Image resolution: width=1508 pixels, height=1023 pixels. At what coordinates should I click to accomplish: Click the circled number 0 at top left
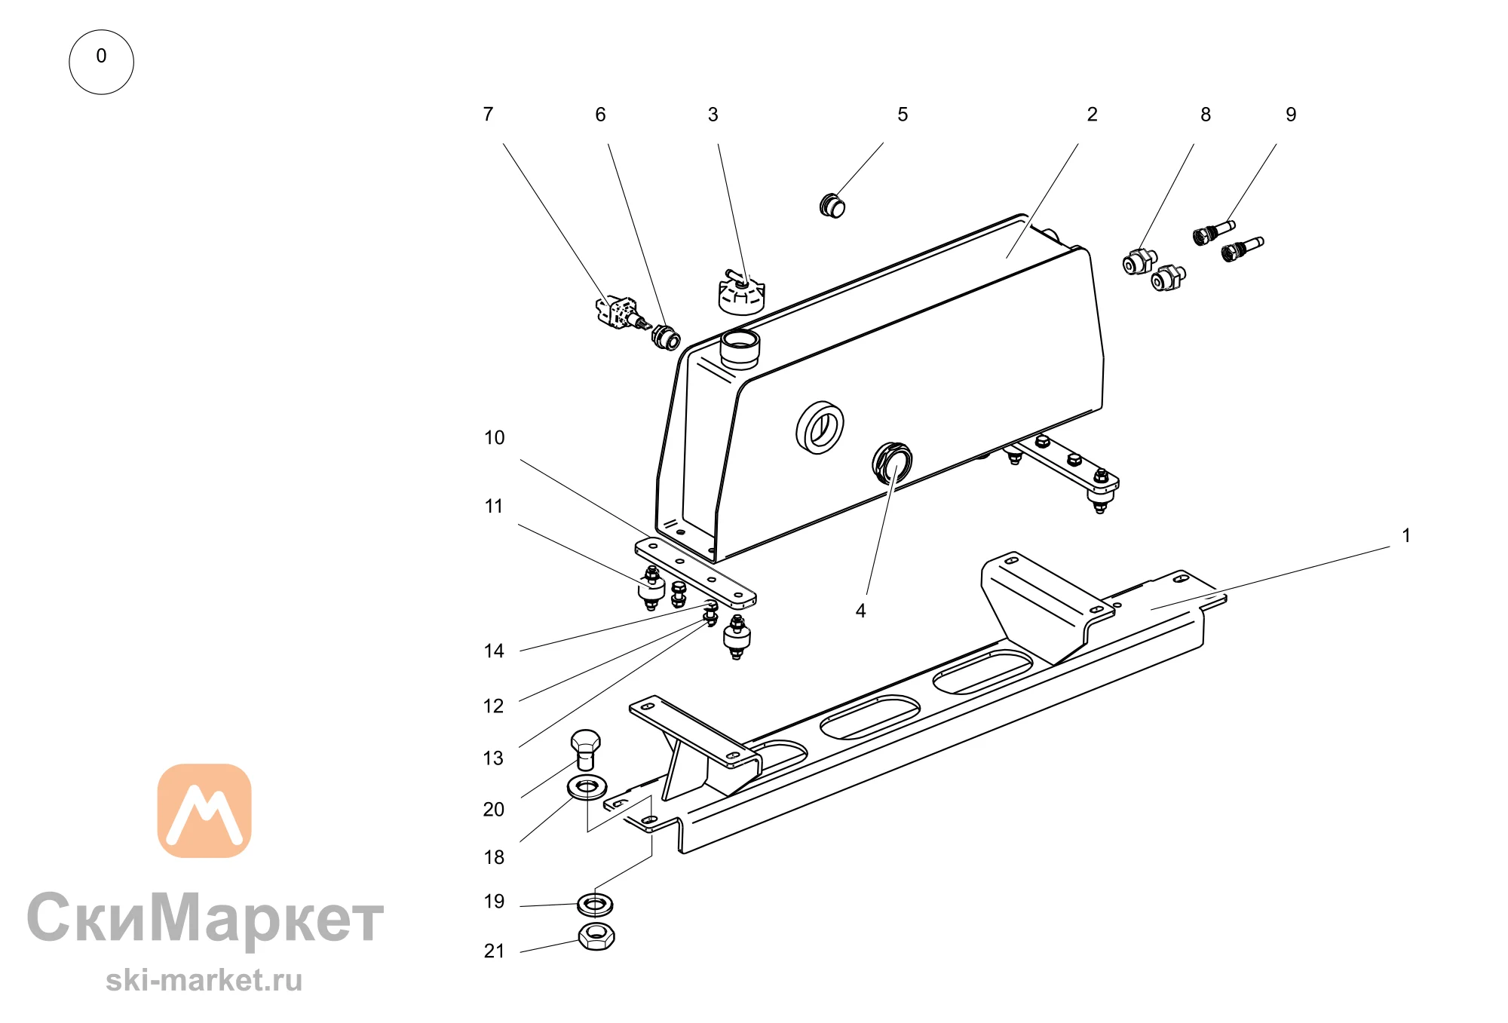[101, 62]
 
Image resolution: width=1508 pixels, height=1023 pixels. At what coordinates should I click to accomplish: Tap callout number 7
[488, 115]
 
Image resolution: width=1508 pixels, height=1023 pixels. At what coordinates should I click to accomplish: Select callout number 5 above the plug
[903, 115]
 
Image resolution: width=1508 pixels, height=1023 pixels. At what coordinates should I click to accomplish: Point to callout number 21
[494, 951]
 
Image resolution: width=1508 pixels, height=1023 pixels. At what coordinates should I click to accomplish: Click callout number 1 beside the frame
[1406, 535]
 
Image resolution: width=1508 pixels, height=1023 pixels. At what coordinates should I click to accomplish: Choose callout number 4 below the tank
[860, 611]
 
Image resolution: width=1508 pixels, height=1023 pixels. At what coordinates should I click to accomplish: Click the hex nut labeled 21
[596, 937]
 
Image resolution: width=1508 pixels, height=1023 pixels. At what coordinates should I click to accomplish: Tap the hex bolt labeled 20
[585, 749]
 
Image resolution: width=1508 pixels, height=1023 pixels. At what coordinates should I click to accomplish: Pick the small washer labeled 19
[595, 903]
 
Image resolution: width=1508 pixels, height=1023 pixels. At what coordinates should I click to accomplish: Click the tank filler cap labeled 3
[741, 293]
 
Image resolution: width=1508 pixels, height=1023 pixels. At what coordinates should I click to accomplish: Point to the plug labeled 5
[832, 205]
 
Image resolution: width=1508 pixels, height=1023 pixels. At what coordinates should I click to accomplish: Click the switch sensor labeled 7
[622, 314]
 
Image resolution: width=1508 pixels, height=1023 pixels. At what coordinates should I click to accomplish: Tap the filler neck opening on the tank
[740, 348]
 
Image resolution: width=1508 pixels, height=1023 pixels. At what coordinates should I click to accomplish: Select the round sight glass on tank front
[820, 428]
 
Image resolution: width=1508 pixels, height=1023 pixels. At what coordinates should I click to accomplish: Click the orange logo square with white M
[204, 810]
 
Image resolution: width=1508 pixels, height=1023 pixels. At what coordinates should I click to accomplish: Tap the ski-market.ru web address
[204, 980]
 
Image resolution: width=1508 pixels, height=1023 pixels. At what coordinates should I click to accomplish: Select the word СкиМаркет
[205, 918]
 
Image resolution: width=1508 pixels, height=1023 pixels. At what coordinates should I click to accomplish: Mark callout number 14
[494, 651]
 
